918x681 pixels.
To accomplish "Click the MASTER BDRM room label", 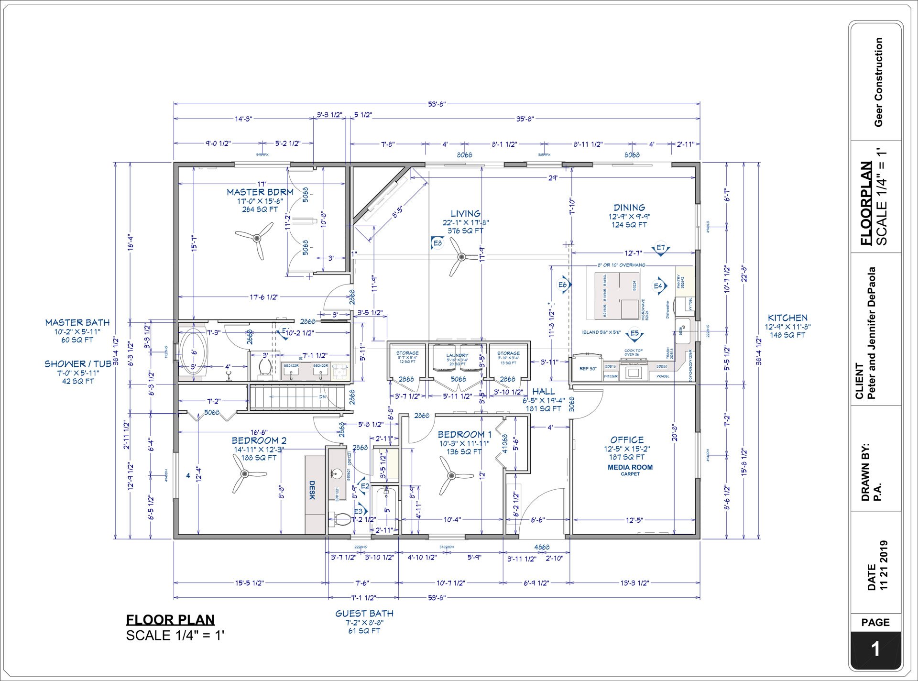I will tap(260, 192).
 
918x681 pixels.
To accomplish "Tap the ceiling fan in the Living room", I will tap(461, 258).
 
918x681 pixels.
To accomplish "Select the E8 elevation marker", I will tap(437, 243).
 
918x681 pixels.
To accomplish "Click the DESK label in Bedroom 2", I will tap(312, 490).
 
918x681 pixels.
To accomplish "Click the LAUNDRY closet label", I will tap(457, 355).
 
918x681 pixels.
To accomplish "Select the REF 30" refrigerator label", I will tap(588, 369).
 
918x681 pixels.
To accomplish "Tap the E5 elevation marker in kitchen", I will tap(634, 333).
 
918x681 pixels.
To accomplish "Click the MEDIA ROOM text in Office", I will tap(630, 467).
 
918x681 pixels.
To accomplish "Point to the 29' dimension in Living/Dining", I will tap(553, 178).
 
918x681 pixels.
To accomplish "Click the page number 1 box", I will tap(875, 650).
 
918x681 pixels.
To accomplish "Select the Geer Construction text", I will tap(878, 82).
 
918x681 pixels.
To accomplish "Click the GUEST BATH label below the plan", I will tap(364, 613).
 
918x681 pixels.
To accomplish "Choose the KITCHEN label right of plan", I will tap(787, 318).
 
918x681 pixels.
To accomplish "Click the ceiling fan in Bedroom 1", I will tap(450, 476).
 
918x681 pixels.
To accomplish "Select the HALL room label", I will tap(543, 391).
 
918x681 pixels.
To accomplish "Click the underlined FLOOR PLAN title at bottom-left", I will tap(170, 620).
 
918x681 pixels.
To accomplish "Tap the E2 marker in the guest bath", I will tap(364, 486).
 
